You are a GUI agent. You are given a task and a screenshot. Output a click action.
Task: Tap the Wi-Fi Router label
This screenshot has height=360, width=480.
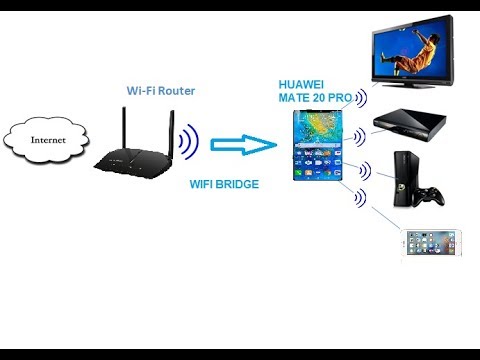160,91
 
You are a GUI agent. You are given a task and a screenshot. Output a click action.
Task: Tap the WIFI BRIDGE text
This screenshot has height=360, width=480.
224,185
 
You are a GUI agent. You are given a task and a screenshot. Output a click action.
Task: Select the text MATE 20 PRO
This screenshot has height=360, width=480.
316,98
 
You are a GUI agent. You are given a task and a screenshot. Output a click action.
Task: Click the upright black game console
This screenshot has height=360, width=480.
405,179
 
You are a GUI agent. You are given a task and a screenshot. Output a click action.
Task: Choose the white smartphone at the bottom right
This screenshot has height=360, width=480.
435,245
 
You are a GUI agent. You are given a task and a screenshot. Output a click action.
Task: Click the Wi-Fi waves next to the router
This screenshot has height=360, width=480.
190,142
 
